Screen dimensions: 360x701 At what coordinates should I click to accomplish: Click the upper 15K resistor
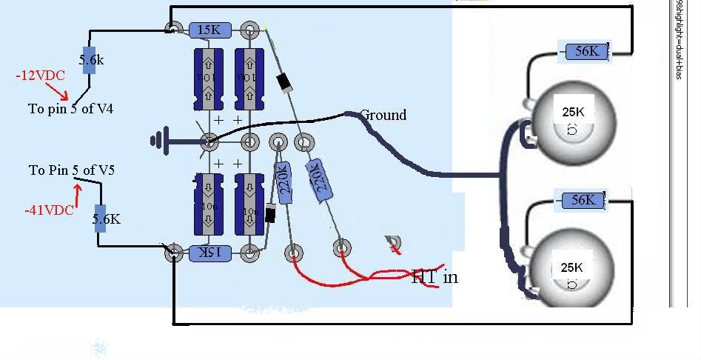pos(211,30)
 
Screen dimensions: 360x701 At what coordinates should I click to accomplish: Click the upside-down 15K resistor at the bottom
pos(210,253)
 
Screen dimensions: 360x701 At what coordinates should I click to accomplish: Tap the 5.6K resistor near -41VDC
pos(101,219)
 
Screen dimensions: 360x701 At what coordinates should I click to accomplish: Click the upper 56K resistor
pos(586,51)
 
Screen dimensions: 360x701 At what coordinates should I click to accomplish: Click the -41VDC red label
pos(49,210)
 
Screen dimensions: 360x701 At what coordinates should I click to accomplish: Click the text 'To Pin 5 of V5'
pos(72,170)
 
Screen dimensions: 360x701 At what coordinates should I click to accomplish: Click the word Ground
pos(383,115)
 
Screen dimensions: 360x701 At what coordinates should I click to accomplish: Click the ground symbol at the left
pos(158,139)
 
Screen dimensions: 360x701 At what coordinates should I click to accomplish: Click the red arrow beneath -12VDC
pos(57,90)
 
